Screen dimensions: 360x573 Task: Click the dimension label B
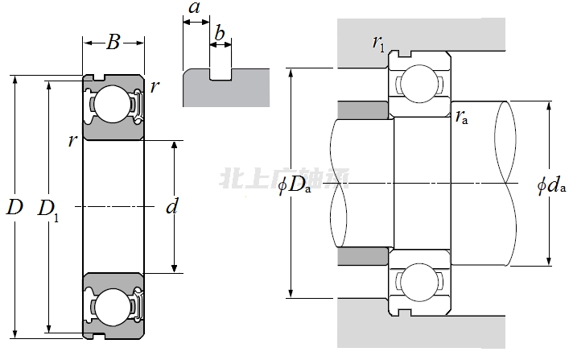pyautogui.click(x=113, y=43)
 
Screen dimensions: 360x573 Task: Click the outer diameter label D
pyautogui.click(x=14, y=207)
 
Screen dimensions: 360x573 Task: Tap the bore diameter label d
pyautogui.click(x=171, y=207)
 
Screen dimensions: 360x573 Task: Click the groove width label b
pyautogui.click(x=220, y=34)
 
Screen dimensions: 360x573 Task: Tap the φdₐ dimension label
pyautogui.click(x=551, y=186)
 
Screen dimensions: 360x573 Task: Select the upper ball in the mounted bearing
pyautogui.click(x=420, y=82)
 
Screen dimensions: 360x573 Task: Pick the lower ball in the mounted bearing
pyautogui.click(x=420, y=283)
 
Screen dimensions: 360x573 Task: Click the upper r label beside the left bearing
pyautogui.click(x=154, y=86)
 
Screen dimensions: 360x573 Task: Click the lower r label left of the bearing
pyautogui.click(x=73, y=142)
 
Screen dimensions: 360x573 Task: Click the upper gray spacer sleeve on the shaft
pyautogui.click(x=364, y=110)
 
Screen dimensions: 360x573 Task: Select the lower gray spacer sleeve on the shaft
pyautogui.click(x=364, y=256)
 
